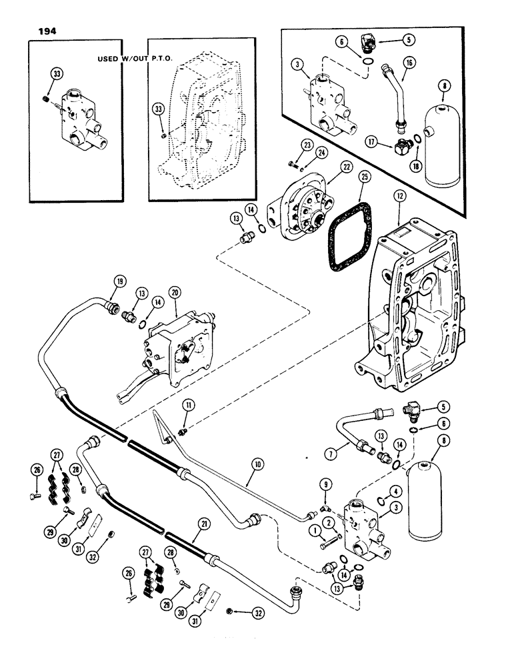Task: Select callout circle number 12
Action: tap(399, 198)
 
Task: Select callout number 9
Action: tap(325, 485)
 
